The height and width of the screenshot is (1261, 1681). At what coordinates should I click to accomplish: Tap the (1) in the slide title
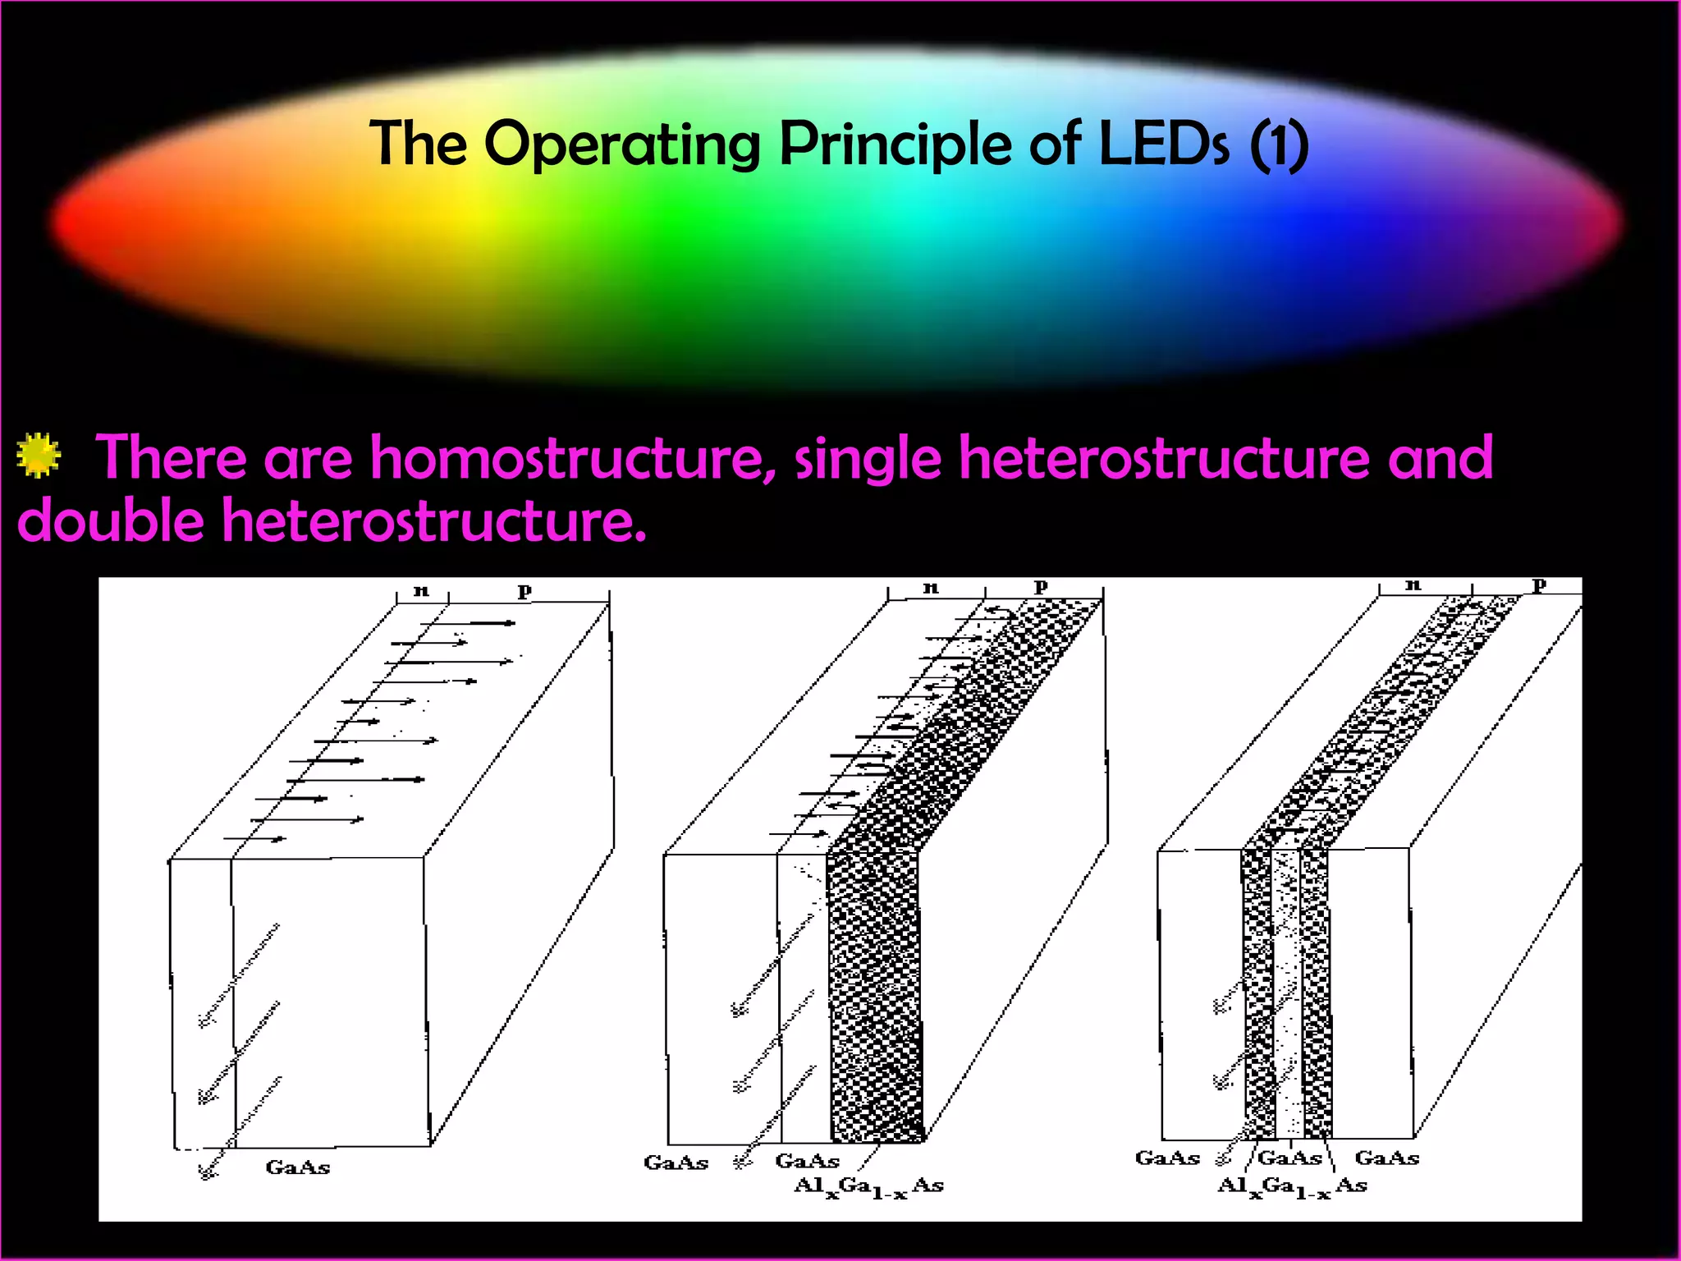point(1279,146)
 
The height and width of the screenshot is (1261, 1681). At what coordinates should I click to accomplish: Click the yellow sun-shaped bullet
point(39,455)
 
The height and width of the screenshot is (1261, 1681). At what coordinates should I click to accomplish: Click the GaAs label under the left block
point(297,1167)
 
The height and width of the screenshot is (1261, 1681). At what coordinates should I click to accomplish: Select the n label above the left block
point(421,590)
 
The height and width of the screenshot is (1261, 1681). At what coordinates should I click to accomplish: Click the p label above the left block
point(524,589)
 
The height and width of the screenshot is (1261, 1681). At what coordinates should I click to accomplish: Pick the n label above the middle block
point(930,587)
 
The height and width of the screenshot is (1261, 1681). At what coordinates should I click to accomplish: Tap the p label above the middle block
point(1041,585)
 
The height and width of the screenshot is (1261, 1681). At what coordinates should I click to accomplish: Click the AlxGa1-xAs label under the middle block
point(868,1186)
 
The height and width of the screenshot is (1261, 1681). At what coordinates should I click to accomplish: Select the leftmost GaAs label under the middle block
point(676,1162)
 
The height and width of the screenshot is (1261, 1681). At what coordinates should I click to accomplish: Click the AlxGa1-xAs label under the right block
point(1292,1186)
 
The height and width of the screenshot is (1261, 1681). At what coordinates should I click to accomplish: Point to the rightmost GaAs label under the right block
point(1386,1158)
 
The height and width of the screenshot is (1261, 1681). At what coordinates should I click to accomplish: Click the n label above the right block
point(1413,585)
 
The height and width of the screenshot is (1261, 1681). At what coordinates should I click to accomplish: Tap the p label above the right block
point(1539,585)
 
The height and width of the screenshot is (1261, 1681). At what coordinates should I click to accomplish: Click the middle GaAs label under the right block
point(1289,1158)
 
